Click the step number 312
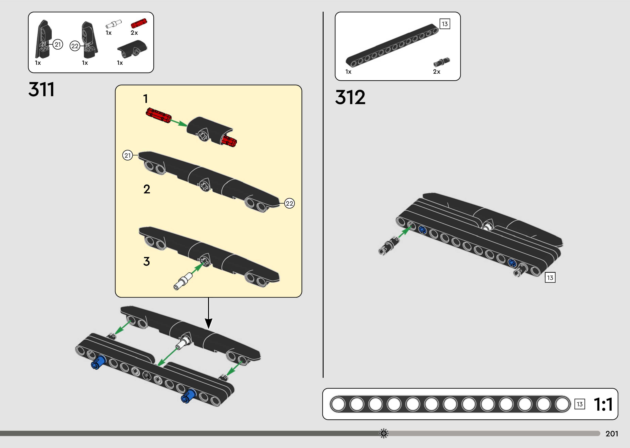click(x=350, y=97)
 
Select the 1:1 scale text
click(x=603, y=404)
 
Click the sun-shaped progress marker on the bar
click(x=384, y=433)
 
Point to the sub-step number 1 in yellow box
click(x=146, y=99)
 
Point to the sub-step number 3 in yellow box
click(x=146, y=261)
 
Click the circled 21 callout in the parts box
click(x=58, y=44)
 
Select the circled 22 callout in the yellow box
click(x=289, y=204)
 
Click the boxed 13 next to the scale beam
click(x=579, y=404)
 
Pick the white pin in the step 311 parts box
click(x=113, y=24)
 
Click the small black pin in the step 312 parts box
click(x=441, y=62)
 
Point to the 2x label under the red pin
click(x=134, y=33)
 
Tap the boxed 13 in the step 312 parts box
click(x=445, y=24)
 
